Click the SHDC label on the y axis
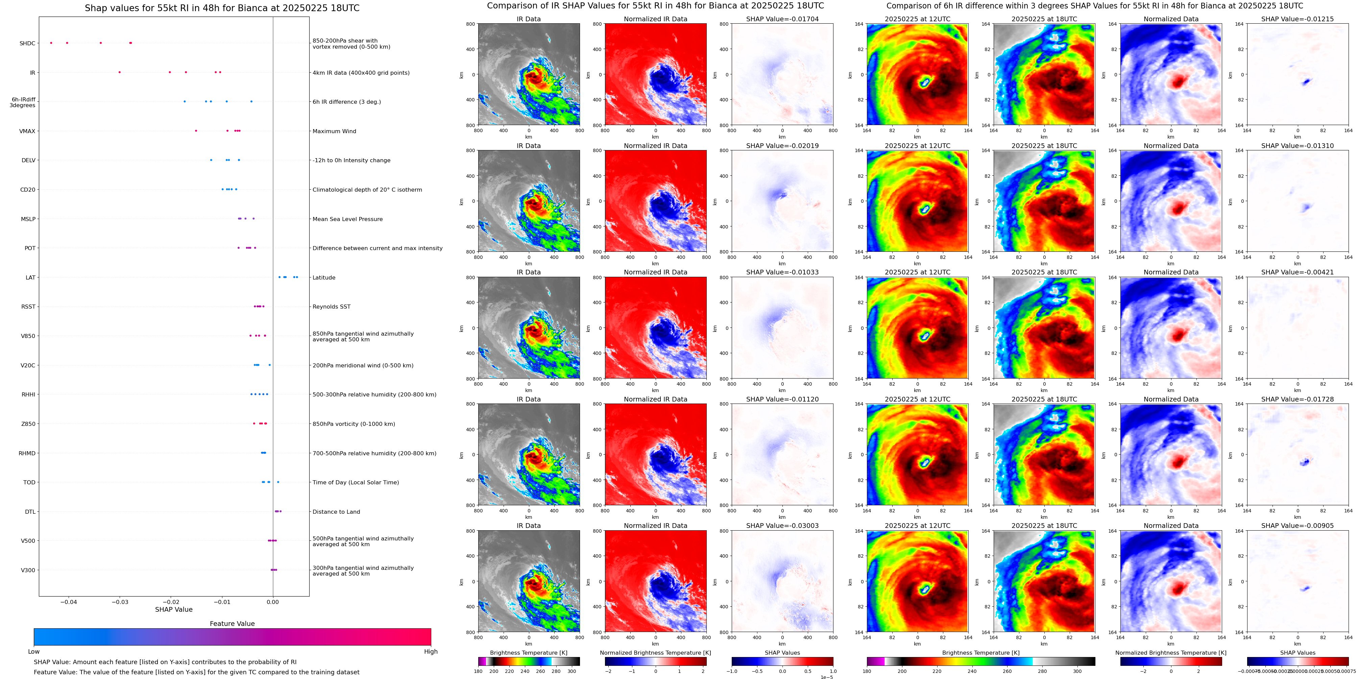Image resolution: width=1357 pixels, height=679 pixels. click(27, 43)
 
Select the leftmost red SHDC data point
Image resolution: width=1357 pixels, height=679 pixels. click(51, 43)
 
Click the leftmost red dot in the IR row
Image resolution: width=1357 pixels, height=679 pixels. click(120, 72)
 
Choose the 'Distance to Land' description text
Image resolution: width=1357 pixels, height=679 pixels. click(336, 511)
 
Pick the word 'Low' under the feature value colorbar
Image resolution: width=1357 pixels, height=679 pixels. click(34, 652)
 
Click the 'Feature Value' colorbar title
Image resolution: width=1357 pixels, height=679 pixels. click(232, 624)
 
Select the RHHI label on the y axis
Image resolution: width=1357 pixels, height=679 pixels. click(28, 394)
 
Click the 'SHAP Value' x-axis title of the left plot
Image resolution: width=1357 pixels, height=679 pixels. click(173, 609)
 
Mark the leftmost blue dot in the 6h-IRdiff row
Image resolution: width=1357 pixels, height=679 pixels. click(185, 101)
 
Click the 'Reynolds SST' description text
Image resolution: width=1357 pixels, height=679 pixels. click(331, 307)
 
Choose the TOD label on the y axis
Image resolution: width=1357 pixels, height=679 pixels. click(29, 483)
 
